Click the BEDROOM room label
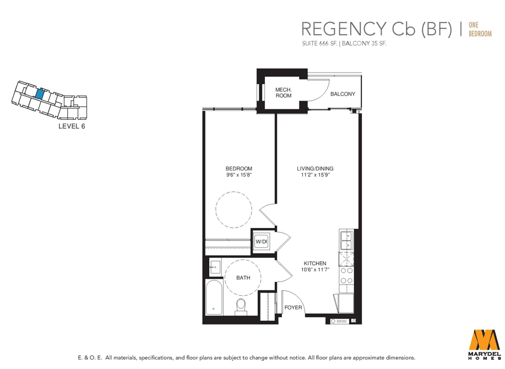(x=238, y=169)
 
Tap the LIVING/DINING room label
(x=315, y=169)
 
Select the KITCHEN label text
(x=315, y=263)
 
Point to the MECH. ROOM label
(x=284, y=92)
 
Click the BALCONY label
(x=343, y=94)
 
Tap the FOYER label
(x=293, y=307)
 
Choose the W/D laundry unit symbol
(x=261, y=241)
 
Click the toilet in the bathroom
(x=241, y=307)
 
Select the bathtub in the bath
(x=214, y=298)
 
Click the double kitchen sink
(x=346, y=240)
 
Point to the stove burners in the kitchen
(x=346, y=276)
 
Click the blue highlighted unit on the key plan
(x=40, y=93)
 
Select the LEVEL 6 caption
(x=72, y=126)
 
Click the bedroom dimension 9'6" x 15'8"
(x=238, y=175)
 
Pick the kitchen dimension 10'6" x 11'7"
(x=315, y=270)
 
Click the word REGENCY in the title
(x=344, y=29)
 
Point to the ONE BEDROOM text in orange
(x=480, y=29)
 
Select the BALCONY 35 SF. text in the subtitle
(x=364, y=43)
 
